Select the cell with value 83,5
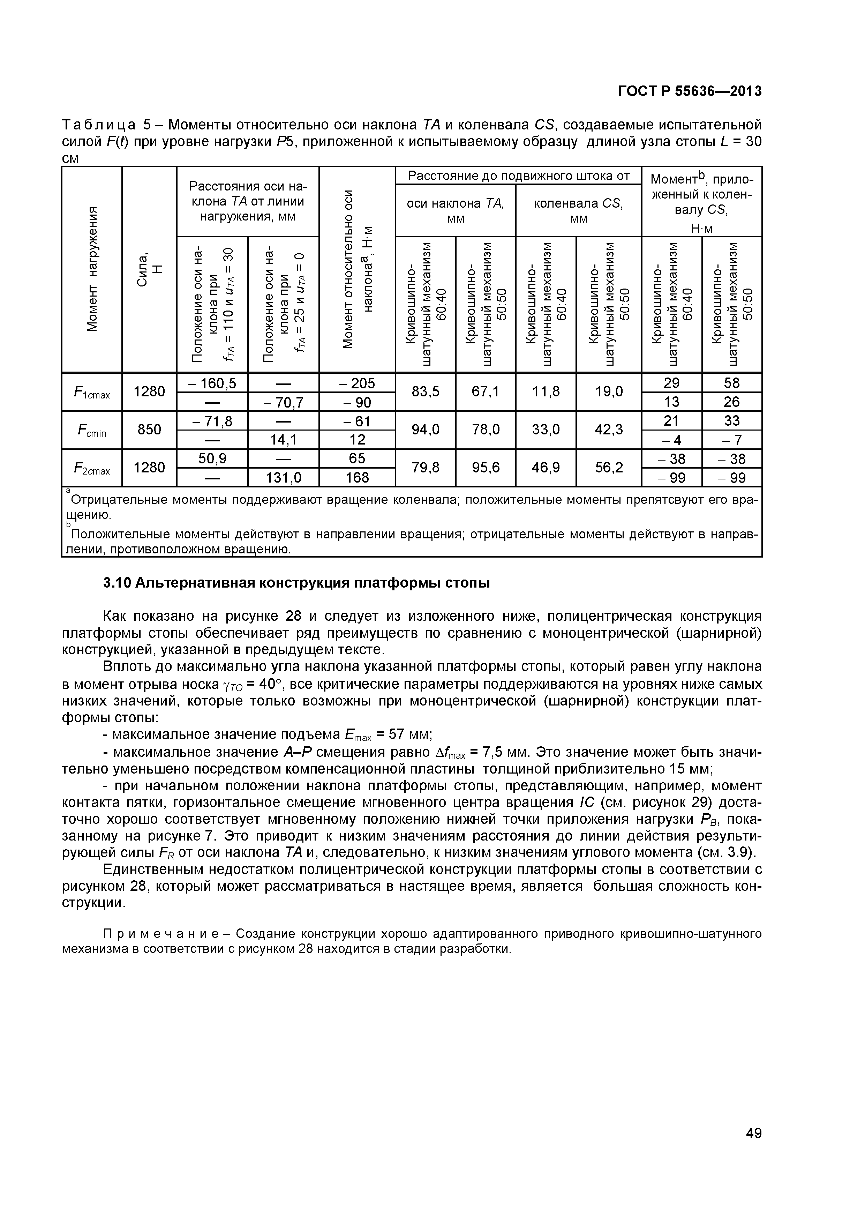point(425,392)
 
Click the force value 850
point(149,429)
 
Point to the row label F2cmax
point(92,468)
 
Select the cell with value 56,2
point(609,468)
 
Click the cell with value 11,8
point(546,392)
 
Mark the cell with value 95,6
point(486,468)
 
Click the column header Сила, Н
point(149,269)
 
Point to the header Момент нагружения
point(92,269)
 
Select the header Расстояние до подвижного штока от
point(518,176)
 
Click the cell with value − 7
point(732,440)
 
